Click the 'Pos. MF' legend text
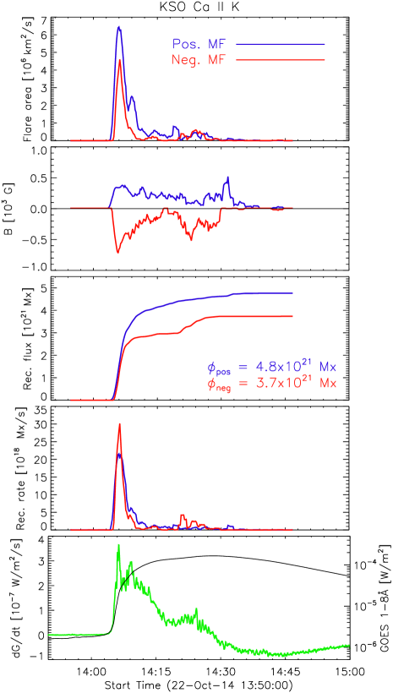click(x=197, y=44)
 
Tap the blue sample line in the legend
click(x=281, y=44)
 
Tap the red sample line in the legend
click(x=281, y=60)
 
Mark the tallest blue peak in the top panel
click(x=119, y=26)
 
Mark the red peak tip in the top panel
click(x=121, y=60)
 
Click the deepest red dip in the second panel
click(x=118, y=253)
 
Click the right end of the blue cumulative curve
click(x=292, y=293)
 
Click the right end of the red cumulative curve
click(x=292, y=316)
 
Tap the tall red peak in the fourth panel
click(x=120, y=423)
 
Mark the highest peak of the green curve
click(x=118, y=545)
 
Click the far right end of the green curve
click(x=349, y=645)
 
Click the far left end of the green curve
click(x=49, y=633)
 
